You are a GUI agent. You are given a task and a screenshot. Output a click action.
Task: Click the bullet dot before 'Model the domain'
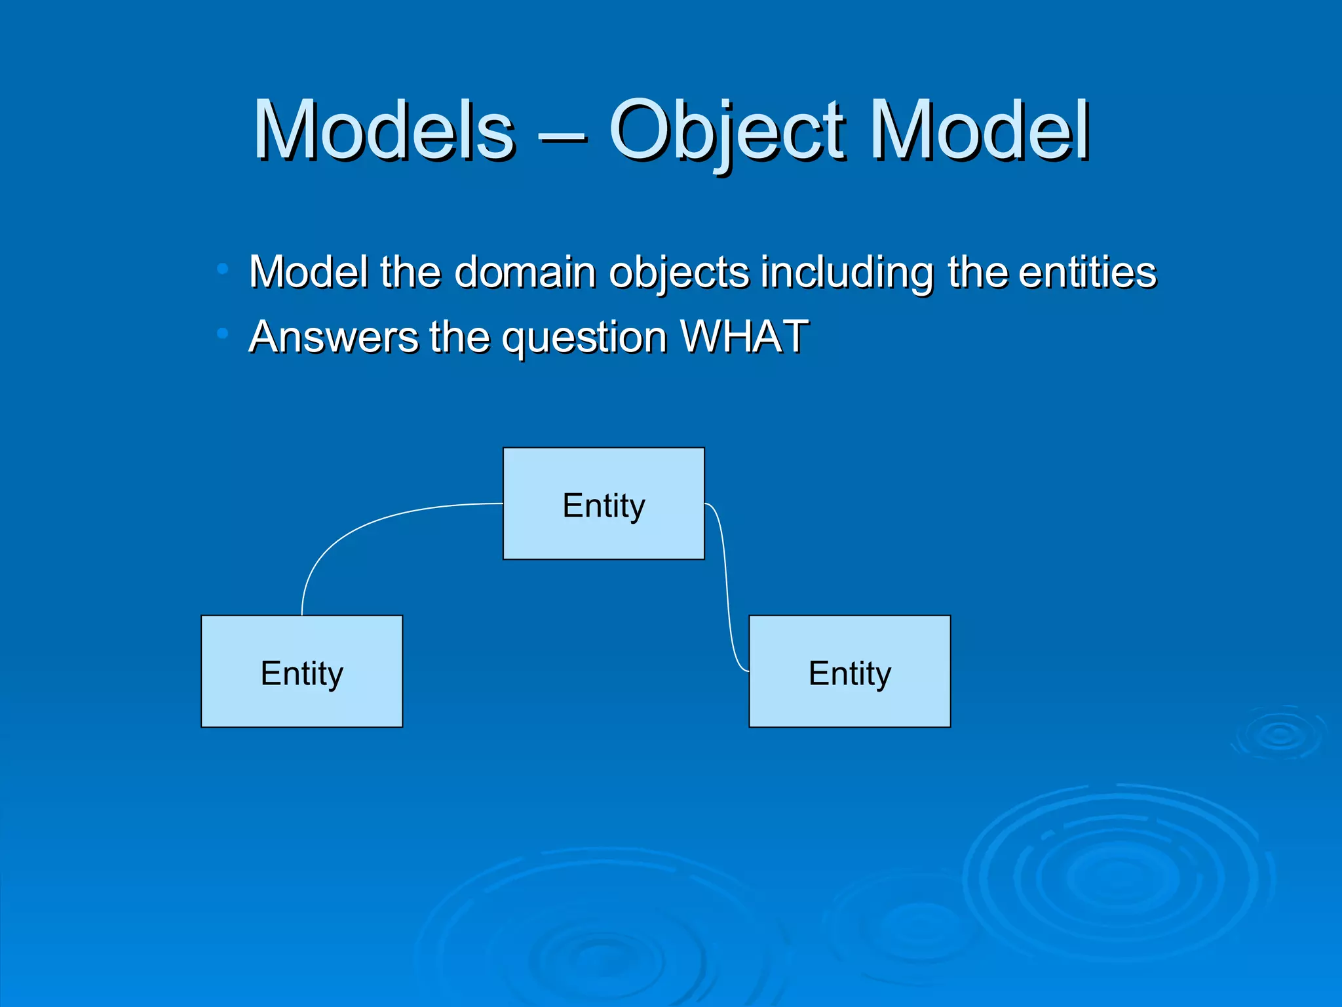tap(223, 269)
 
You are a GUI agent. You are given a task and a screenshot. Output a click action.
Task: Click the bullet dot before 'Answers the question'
tap(223, 334)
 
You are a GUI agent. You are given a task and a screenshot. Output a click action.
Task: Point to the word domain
tap(525, 271)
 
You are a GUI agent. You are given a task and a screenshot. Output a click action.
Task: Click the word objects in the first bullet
tap(678, 273)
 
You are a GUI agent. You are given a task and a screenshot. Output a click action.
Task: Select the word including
tap(847, 273)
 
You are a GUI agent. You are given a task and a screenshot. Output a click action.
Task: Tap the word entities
tap(1087, 271)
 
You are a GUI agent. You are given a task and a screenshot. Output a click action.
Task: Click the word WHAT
tap(744, 336)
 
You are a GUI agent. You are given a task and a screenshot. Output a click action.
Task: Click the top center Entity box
tap(604, 503)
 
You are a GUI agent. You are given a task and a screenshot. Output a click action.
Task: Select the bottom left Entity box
tap(301, 671)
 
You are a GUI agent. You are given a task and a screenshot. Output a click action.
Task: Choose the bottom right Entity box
tap(849, 671)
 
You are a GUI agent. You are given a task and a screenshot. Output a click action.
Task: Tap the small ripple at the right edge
tap(1279, 734)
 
